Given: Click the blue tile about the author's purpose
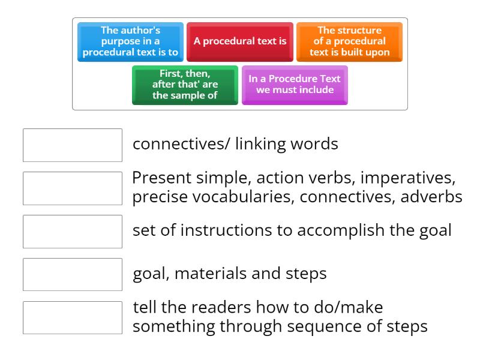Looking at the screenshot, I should tap(131, 42).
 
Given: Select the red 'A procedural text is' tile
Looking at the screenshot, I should tap(240, 42).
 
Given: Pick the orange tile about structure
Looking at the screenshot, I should tap(349, 42).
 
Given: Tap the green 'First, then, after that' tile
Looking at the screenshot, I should tap(185, 85).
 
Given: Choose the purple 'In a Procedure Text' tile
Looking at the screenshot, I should tap(295, 85).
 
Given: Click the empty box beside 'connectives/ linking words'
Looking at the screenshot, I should tap(73, 145).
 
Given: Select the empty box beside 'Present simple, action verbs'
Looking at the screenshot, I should tap(73, 188).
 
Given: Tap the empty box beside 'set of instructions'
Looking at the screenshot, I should tap(73, 232).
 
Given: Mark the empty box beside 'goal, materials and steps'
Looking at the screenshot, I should tap(73, 275).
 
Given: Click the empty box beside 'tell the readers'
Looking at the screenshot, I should tap(73, 318).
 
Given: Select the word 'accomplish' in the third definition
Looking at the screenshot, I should tap(332, 231).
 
